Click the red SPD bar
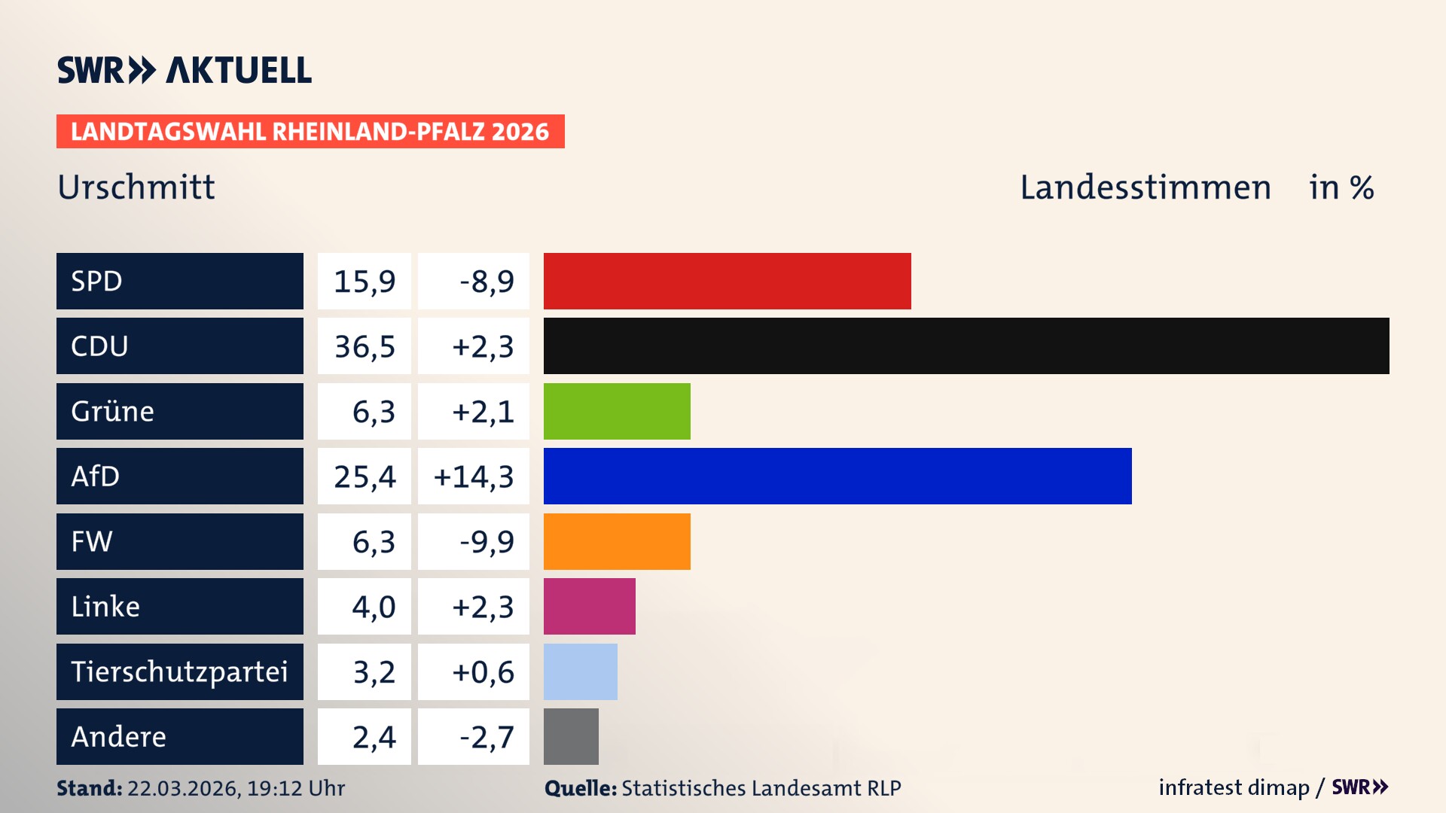click(x=727, y=281)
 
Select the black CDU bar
click(x=966, y=346)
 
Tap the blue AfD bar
click(x=837, y=476)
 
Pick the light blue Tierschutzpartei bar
click(x=580, y=671)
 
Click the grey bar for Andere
click(x=571, y=736)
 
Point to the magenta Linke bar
click(x=589, y=606)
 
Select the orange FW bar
click(x=616, y=541)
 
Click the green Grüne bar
click(x=616, y=411)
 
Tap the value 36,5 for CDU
click(x=365, y=346)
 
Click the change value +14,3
click(x=474, y=477)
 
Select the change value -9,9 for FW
click(x=487, y=541)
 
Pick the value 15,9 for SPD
click(x=365, y=282)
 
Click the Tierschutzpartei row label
click(x=179, y=671)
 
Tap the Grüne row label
click(x=113, y=411)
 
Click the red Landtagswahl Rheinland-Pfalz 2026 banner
click(x=310, y=131)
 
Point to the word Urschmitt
click(x=136, y=187)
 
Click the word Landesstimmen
click(x=1145, y=187)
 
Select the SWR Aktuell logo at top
click(x=185, y=70)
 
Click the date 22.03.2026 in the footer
click(x=183, y=788)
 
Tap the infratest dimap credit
click(x=1234, y=787)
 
